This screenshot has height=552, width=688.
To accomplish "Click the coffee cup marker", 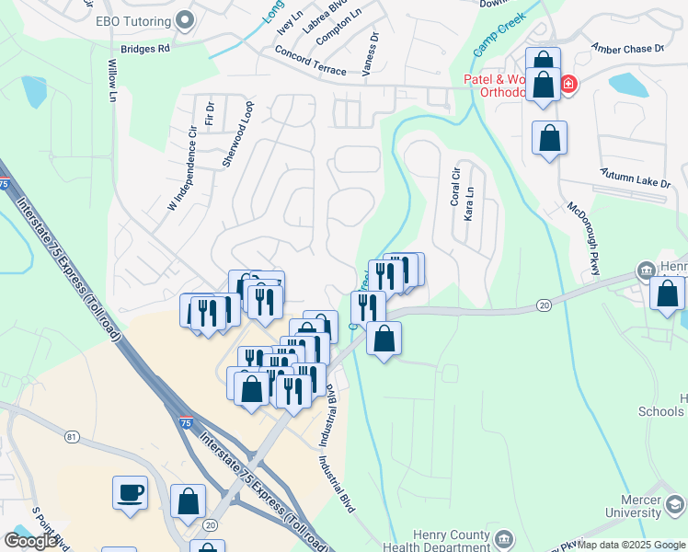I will pyautogui.click(x=130, y=491).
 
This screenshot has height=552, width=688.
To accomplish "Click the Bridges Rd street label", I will pyautogui.click(x=145, y=48).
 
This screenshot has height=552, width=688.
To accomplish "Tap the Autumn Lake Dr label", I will pyautogui.click(x=635, y=178).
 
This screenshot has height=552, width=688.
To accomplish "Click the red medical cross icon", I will pyautogui.click(x=568, y=86).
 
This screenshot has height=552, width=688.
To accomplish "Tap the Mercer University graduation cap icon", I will pyautogui.click(x=675, y=504).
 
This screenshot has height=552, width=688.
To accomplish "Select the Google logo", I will pyautogui.click(x=30, y=541).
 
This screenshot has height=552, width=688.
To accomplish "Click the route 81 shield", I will pyautogui.click(x=72, y=437).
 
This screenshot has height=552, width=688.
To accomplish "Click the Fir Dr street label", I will pyautogui.click(x=210, y=115).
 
